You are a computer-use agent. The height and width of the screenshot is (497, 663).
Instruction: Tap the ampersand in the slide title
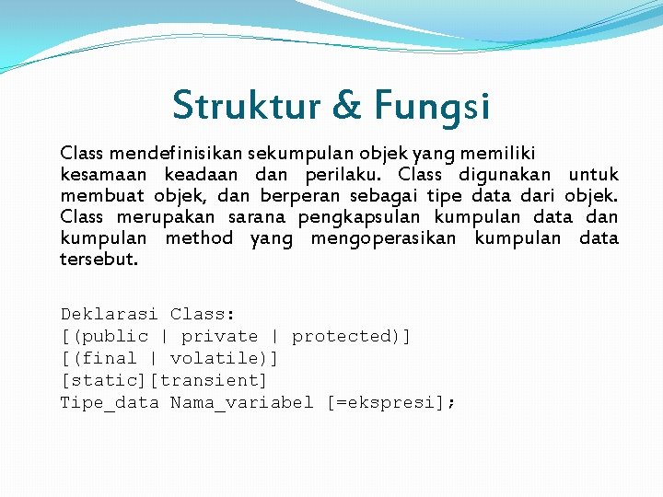click(347, 105)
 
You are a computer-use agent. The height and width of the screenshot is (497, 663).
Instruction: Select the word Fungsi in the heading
click(432, 107)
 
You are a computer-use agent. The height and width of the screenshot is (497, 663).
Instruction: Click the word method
click(199, 238)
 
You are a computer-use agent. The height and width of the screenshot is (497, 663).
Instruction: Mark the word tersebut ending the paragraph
click(99, 260)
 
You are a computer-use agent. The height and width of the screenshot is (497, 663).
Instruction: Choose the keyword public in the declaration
click(115, 337)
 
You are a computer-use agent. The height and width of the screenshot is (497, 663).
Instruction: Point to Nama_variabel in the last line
click(241, 402)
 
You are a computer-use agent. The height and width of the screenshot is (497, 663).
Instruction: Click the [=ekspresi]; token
click(391, 402)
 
